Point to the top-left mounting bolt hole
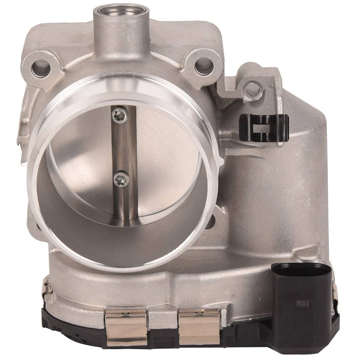pos(41,69)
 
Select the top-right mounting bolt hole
pos(204,66)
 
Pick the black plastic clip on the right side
pos(264,127)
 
